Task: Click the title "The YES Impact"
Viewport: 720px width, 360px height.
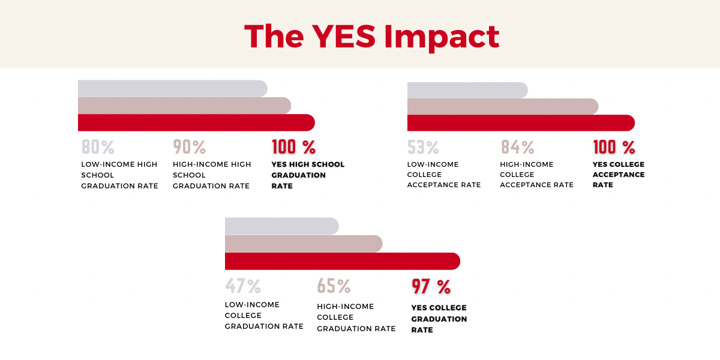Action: coord(372,37)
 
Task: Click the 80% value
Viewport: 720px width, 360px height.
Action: coord(98,147)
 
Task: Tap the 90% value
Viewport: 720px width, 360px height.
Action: coord(190,147)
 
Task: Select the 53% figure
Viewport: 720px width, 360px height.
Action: coord(423,147)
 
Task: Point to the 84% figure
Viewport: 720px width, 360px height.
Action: coord(517,147)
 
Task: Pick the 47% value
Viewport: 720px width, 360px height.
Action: coord(243,286)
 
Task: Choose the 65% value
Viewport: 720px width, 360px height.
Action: coord(334,286)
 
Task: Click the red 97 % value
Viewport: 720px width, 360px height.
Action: coord(431,287)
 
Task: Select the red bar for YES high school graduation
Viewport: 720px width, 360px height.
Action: coord(195,122)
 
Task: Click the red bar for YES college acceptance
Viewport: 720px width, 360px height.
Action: coord(520,122)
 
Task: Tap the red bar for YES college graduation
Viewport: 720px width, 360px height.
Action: coord(341,262)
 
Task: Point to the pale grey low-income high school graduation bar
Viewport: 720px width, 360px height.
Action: coord(172,88)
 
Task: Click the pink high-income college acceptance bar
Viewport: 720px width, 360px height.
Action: coord(502,106)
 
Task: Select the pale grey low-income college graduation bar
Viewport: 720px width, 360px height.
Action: coord(281,226)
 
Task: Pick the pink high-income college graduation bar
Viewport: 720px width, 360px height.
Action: coord(303,244)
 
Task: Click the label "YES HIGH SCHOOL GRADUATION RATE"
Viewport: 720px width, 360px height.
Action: coord(308,175)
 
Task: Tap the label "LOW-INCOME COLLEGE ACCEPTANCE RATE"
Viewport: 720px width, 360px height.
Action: coord(444,175)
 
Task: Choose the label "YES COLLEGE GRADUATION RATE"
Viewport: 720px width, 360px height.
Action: coord(439,319)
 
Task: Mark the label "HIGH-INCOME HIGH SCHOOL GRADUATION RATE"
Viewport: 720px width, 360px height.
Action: coord(212,175)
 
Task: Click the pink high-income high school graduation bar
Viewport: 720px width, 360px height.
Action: coord(184,106)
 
